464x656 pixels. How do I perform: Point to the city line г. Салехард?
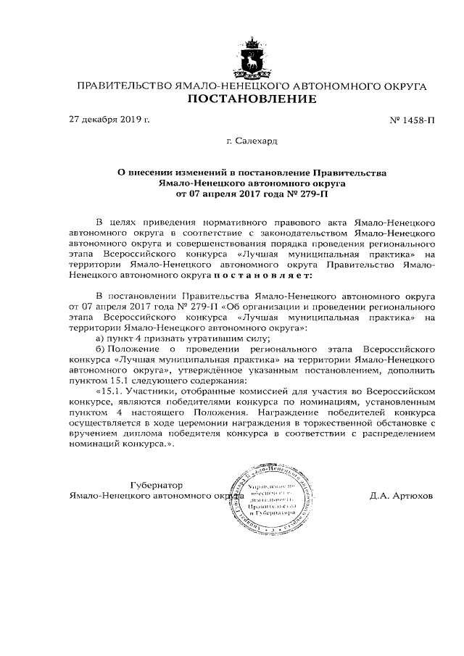[252, 142]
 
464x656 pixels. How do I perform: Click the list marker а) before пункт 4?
[101, 339]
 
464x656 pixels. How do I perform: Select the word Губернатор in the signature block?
[157, 484]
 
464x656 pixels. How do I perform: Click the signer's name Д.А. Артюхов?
[401, 497]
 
